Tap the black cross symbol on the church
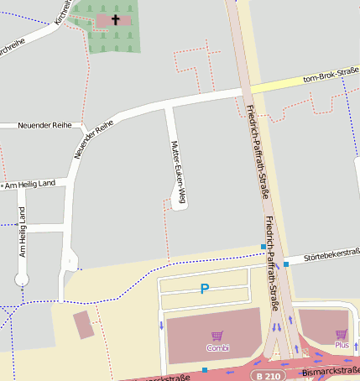(x=115, y=19)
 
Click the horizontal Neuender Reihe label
(x=44, y=125)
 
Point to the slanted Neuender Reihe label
(x=93, y=139)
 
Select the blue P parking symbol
(x=204, y=290)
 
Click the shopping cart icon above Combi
(x=217, y=336)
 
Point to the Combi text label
(x=217, y=347)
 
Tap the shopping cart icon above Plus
(x=341, y=334)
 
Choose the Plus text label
(x=341, y=345)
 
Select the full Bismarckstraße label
(x=330, y=370)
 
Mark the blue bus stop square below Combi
(x=204, y=369)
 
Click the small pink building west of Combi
(x=84, y=325)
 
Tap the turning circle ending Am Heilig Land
(x=23, y=279)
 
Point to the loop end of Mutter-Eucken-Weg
(x=178, y=200)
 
